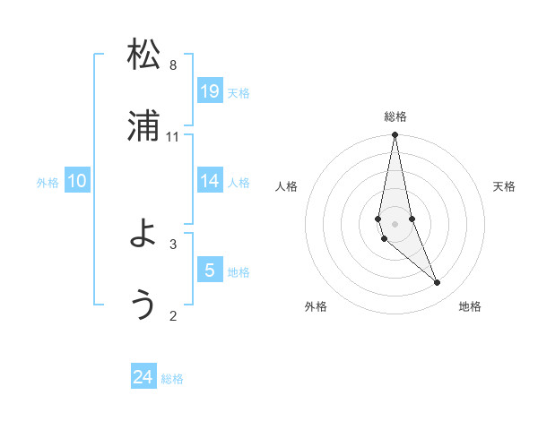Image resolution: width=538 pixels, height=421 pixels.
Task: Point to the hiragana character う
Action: (143, 305)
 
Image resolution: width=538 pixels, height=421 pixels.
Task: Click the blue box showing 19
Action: (210, 90)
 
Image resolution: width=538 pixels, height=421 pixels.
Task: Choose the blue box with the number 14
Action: (210, 181)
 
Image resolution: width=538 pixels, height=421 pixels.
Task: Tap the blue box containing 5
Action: (210, 270)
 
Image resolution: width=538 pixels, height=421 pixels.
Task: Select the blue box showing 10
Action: (77, 181)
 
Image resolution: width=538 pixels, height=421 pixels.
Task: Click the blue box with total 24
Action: (143, 377)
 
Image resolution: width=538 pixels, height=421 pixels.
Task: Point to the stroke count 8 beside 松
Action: (173, 64)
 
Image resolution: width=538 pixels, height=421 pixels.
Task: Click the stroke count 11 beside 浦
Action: (173, 136)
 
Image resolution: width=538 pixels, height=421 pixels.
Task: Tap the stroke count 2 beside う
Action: (173, 315)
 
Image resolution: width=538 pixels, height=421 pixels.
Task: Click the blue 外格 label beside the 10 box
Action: (48, 183)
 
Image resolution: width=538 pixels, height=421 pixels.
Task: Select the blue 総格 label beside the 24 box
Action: (172, 379)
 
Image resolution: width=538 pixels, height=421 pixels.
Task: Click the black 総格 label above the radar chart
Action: (395, 116)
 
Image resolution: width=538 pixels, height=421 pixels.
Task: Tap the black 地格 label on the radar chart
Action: (470, 307)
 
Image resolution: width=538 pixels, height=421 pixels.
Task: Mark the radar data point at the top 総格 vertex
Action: (395, 135)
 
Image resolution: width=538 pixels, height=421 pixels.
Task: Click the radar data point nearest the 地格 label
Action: (438, 283)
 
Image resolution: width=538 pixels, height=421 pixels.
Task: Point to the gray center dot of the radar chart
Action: (395, 223)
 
